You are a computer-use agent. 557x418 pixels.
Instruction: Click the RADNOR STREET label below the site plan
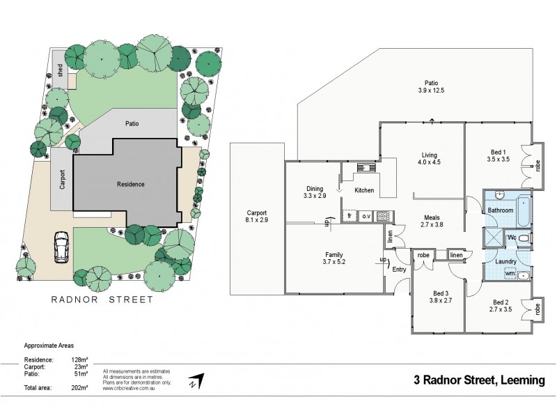102,300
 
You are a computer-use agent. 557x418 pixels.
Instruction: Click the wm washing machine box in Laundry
510,274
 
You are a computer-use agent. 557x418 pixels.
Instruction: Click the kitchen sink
365,167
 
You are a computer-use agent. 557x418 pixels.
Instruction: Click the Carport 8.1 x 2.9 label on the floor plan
256,218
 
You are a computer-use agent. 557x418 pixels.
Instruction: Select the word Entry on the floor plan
399,269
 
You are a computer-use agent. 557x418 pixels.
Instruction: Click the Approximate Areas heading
48,346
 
